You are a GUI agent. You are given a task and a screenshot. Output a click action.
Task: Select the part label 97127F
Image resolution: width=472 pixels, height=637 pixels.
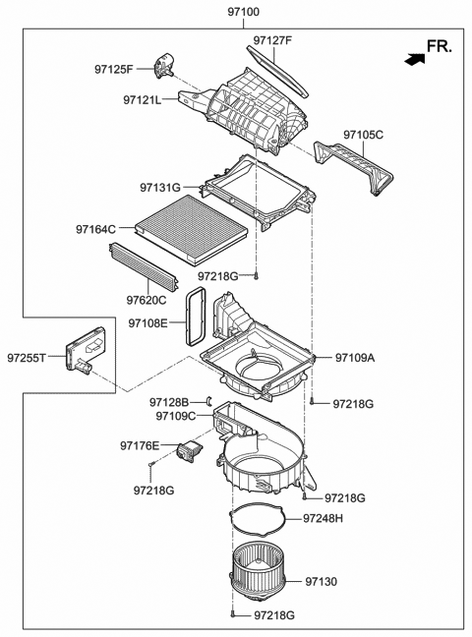tap(272, 40)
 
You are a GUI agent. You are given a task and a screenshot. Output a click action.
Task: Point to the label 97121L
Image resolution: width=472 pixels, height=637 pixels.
tap(143, 99)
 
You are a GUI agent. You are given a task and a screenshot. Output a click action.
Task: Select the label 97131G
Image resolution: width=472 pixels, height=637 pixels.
tap(159, 187)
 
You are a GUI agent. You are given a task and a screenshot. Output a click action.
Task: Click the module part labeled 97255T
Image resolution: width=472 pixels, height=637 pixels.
tap(79, 357)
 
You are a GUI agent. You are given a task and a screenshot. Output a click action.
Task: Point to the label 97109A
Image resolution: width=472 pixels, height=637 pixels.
tap(355, 358)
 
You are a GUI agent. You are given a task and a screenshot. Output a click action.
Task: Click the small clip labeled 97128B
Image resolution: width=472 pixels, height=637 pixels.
tap(209, 401)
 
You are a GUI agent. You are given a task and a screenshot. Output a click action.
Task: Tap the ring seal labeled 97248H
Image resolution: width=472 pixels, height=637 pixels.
tap(258, 515)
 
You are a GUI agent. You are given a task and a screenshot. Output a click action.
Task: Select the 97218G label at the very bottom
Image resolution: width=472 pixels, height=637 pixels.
tap(274, 616)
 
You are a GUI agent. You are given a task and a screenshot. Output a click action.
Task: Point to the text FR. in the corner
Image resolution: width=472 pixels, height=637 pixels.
tap(439, 45)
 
